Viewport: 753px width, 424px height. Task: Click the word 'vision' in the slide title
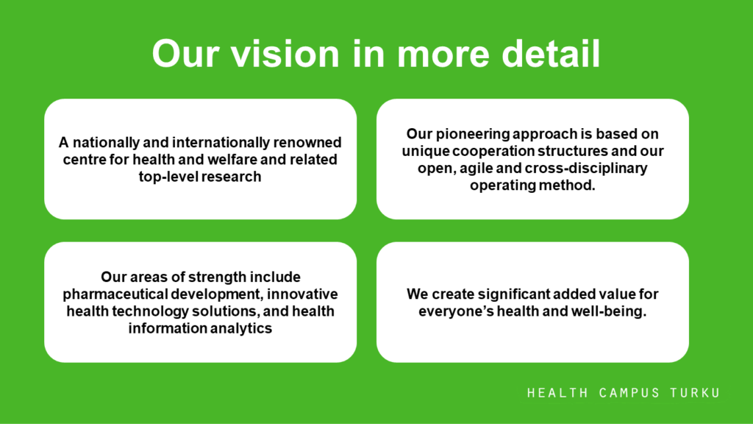[x=285, y=53]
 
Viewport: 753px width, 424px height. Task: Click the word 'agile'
[x=476, y=169]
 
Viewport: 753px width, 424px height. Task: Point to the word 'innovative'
[x=302, y=294]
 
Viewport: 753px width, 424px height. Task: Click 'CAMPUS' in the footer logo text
[x=629, y=393]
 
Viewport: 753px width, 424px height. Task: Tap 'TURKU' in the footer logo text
[x=696, y=393]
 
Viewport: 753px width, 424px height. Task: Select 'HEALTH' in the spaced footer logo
[x=557, y=393]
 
